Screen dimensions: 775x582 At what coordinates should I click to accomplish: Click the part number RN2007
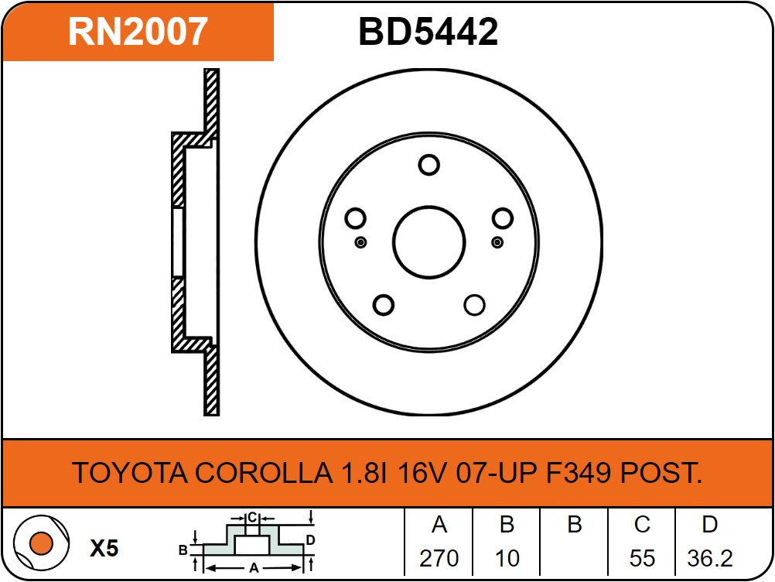[x=138, y=32]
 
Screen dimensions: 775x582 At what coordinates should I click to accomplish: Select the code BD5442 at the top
[x=428, y=32]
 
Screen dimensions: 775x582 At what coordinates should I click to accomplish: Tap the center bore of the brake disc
[x=429, y=242]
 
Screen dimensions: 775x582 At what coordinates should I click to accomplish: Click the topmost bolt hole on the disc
[x=428, y=165]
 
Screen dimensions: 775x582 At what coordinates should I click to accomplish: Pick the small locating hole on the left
[x=360, y=242]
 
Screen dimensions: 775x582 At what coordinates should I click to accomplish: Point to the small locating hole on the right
[x=497, y=242]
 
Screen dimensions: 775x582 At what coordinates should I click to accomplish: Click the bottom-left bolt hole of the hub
[x=384, y=305]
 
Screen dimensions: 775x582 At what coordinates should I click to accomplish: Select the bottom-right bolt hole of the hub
[x=474, y=305]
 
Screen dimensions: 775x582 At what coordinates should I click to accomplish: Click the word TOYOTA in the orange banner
[x=131, y=472]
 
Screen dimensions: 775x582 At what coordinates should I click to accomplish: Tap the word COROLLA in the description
[x=264, y=472]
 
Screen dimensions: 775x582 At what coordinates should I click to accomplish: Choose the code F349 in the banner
[x=579, y=472]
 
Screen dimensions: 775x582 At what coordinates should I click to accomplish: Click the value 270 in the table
[x=439, y=558]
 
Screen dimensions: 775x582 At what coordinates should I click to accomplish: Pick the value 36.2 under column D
[x=710, y=558]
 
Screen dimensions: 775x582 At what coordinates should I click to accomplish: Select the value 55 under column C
[x=642, y=558]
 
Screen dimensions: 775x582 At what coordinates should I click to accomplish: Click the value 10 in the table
[x=507, y=558]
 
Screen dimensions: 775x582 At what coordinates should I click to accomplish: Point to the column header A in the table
[x=439, y=525]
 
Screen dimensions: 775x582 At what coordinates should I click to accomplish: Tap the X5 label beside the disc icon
[x=104, y=548]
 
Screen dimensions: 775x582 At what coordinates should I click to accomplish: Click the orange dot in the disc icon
[x=41, y=543]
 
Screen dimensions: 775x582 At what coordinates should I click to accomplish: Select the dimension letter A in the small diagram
[x=254, y=567]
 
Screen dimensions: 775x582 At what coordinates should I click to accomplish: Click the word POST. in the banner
[x=661, y=472]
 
